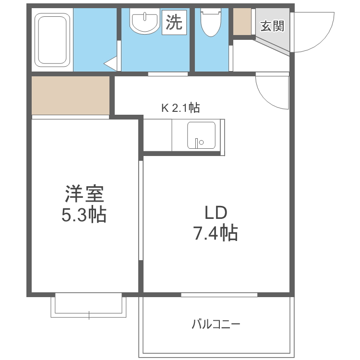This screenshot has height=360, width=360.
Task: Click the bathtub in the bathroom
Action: click(53, 39)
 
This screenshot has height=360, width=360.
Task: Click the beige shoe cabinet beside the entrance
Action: click(242, 22)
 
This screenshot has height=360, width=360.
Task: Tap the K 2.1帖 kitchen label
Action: click(180, 108)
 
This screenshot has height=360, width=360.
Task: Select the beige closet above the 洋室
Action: click(71, 95)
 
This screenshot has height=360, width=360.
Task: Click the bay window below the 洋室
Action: click(89, 305)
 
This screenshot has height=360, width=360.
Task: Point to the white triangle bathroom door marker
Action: click(111, 63)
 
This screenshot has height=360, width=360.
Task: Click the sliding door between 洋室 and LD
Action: click(141, 211)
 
